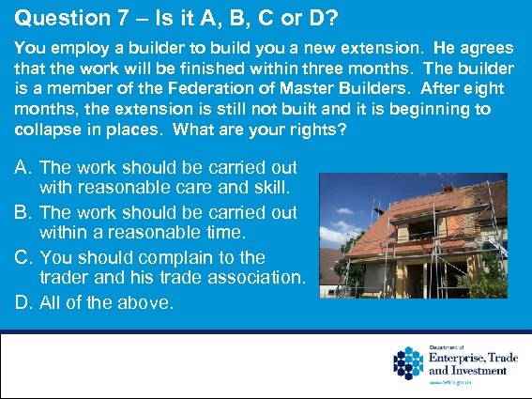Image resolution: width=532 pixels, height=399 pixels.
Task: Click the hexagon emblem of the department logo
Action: pyautogui.click(x=409, y=362)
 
